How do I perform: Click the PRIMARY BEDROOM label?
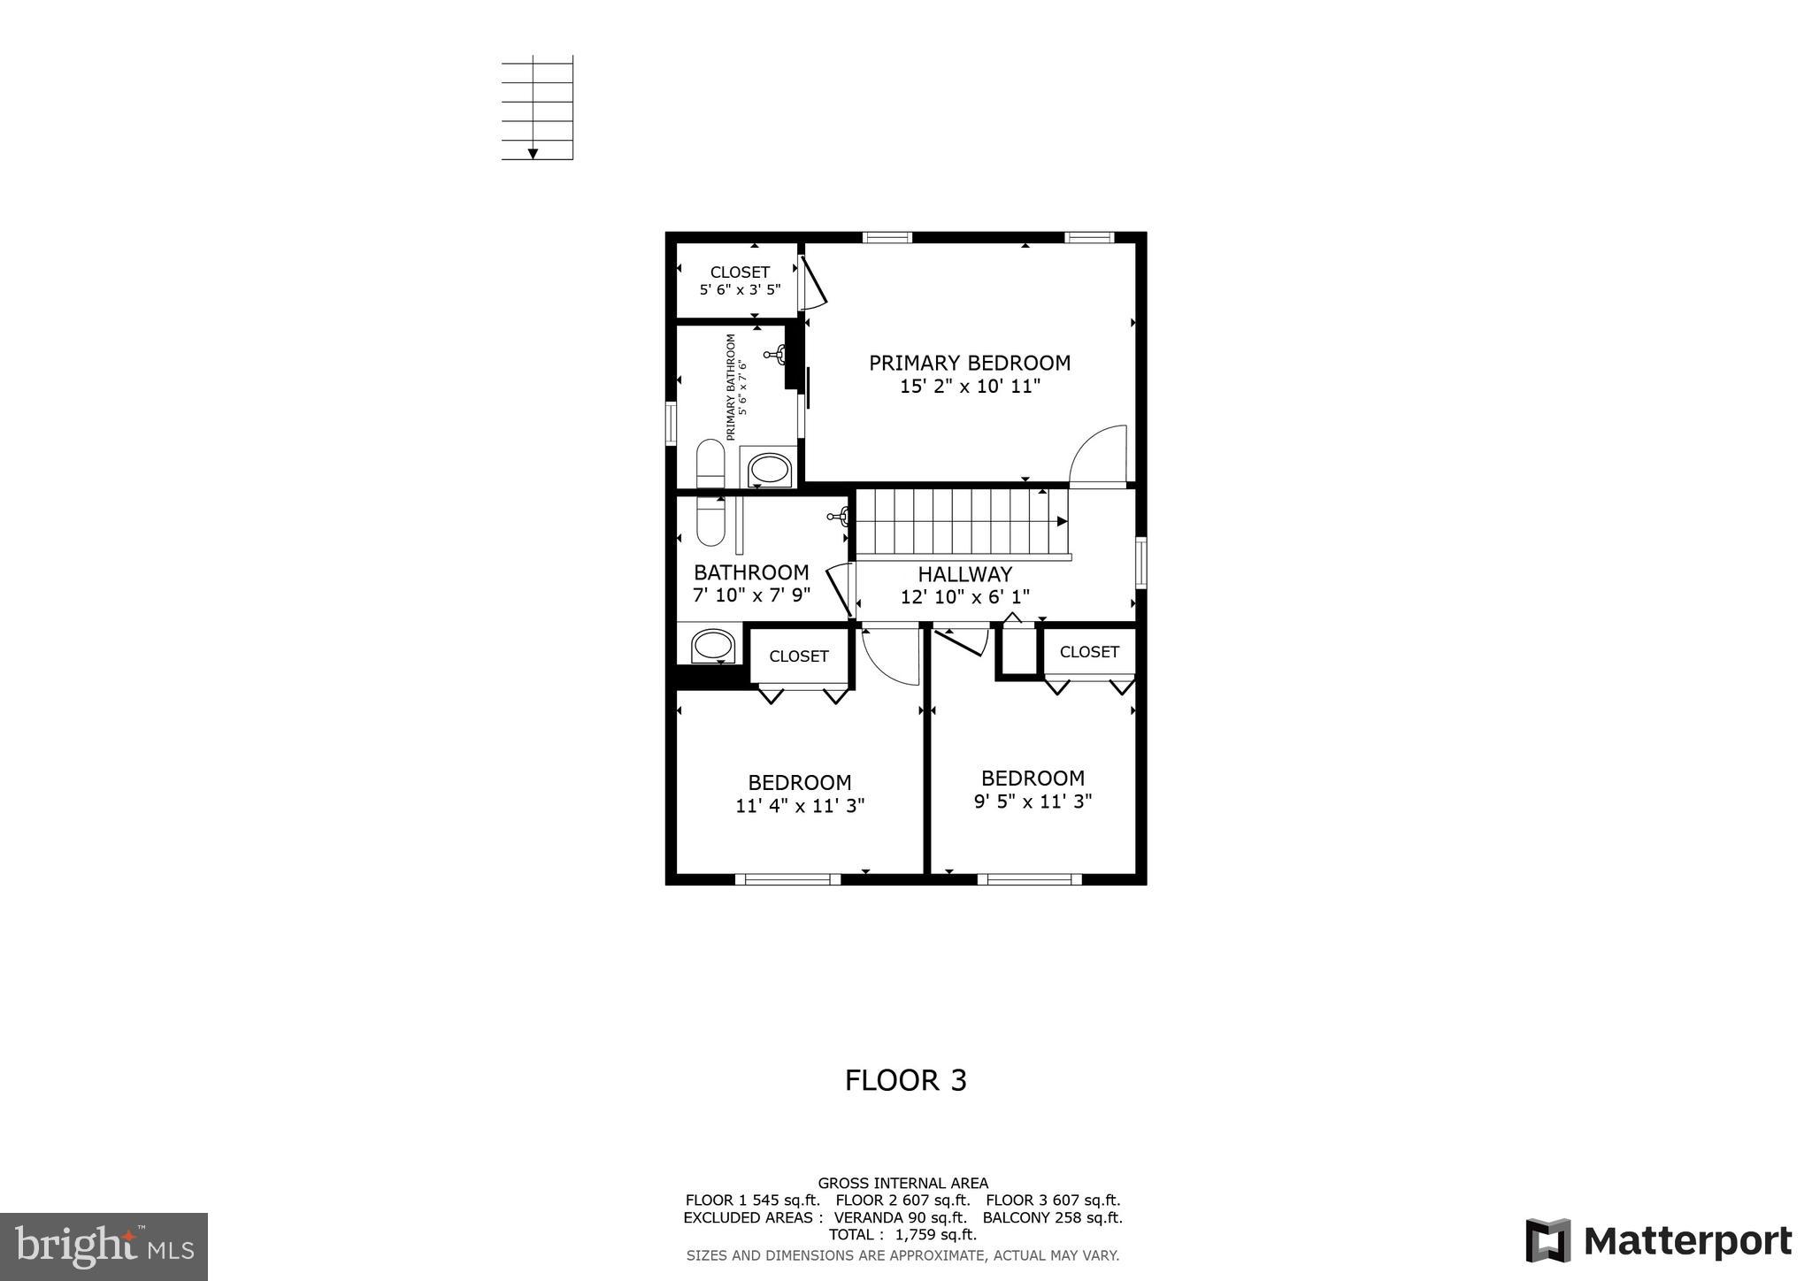970,363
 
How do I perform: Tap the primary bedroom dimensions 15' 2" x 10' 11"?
970,387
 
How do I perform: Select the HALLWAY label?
964,574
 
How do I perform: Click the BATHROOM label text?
751,572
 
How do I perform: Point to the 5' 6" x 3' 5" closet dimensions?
740,289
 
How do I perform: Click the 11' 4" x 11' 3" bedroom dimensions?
800,806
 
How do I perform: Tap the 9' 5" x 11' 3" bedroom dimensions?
1033,802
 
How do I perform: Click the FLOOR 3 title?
905,1080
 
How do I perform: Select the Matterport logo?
1658,1240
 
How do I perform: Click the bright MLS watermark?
104,1246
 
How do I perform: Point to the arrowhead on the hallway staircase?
1062,521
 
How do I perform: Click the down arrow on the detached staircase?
533,154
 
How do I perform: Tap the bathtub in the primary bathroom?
769,468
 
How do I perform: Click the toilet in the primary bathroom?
710,463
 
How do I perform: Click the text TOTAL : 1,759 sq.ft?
902,1235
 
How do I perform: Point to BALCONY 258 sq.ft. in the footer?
1052,1218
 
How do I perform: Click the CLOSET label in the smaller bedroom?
1089,652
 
